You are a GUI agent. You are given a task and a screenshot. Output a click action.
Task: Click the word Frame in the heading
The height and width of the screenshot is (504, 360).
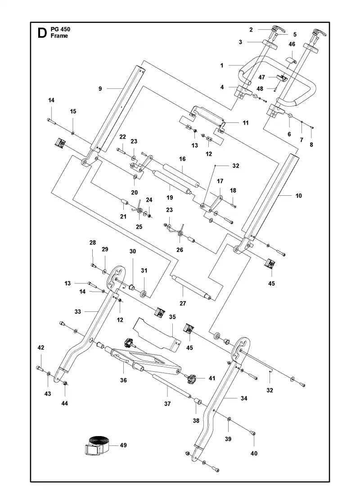(59, 36)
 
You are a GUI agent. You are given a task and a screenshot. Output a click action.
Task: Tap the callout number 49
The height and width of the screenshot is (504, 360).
(123, 445)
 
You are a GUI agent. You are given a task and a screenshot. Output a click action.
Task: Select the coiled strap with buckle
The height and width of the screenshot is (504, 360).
(97, 445)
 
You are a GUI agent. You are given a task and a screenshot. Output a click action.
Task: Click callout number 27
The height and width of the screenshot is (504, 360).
(183, 303)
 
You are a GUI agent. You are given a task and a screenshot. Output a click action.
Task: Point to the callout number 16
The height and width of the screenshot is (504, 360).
(182, 159)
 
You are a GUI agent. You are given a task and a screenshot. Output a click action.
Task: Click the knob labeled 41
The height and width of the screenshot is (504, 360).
(192, 378)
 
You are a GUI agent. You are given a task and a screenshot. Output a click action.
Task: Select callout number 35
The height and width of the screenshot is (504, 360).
(172, 317)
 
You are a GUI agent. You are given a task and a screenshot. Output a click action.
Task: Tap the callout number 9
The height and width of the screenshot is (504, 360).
(100, 88)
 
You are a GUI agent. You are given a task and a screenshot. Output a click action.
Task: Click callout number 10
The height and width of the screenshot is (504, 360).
(299, 195)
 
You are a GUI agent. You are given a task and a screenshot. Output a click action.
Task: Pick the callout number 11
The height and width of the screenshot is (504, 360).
(246, 122)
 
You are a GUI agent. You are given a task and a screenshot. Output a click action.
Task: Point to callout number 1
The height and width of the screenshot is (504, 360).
(222, 66)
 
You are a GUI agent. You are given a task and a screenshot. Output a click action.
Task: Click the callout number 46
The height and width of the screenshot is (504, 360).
(292, 44)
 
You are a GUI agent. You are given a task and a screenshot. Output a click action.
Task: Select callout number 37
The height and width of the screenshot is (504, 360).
(167, 404)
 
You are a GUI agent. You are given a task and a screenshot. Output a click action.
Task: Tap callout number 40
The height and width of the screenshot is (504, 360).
(254, 453)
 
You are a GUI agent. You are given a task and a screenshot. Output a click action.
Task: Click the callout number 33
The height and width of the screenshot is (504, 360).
(78, 311)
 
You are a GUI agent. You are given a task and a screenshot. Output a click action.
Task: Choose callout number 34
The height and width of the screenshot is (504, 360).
(244, 398)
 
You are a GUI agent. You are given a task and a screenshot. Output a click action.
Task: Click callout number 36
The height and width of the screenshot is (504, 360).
(123, 380)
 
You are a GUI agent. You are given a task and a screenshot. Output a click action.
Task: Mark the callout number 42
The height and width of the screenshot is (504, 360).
(41, 347)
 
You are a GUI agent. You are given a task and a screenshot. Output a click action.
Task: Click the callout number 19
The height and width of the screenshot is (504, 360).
(170, 198)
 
